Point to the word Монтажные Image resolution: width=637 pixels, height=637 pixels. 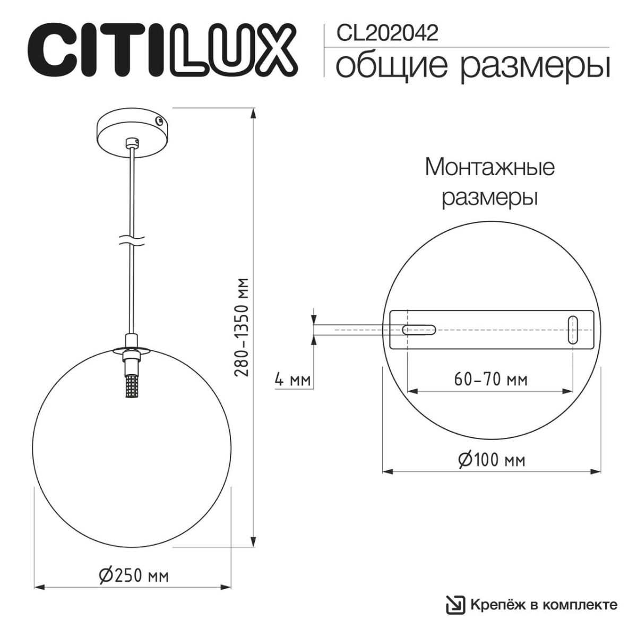[x=490, y=168]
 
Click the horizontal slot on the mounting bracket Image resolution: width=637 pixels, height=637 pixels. [x=419, y=330]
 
